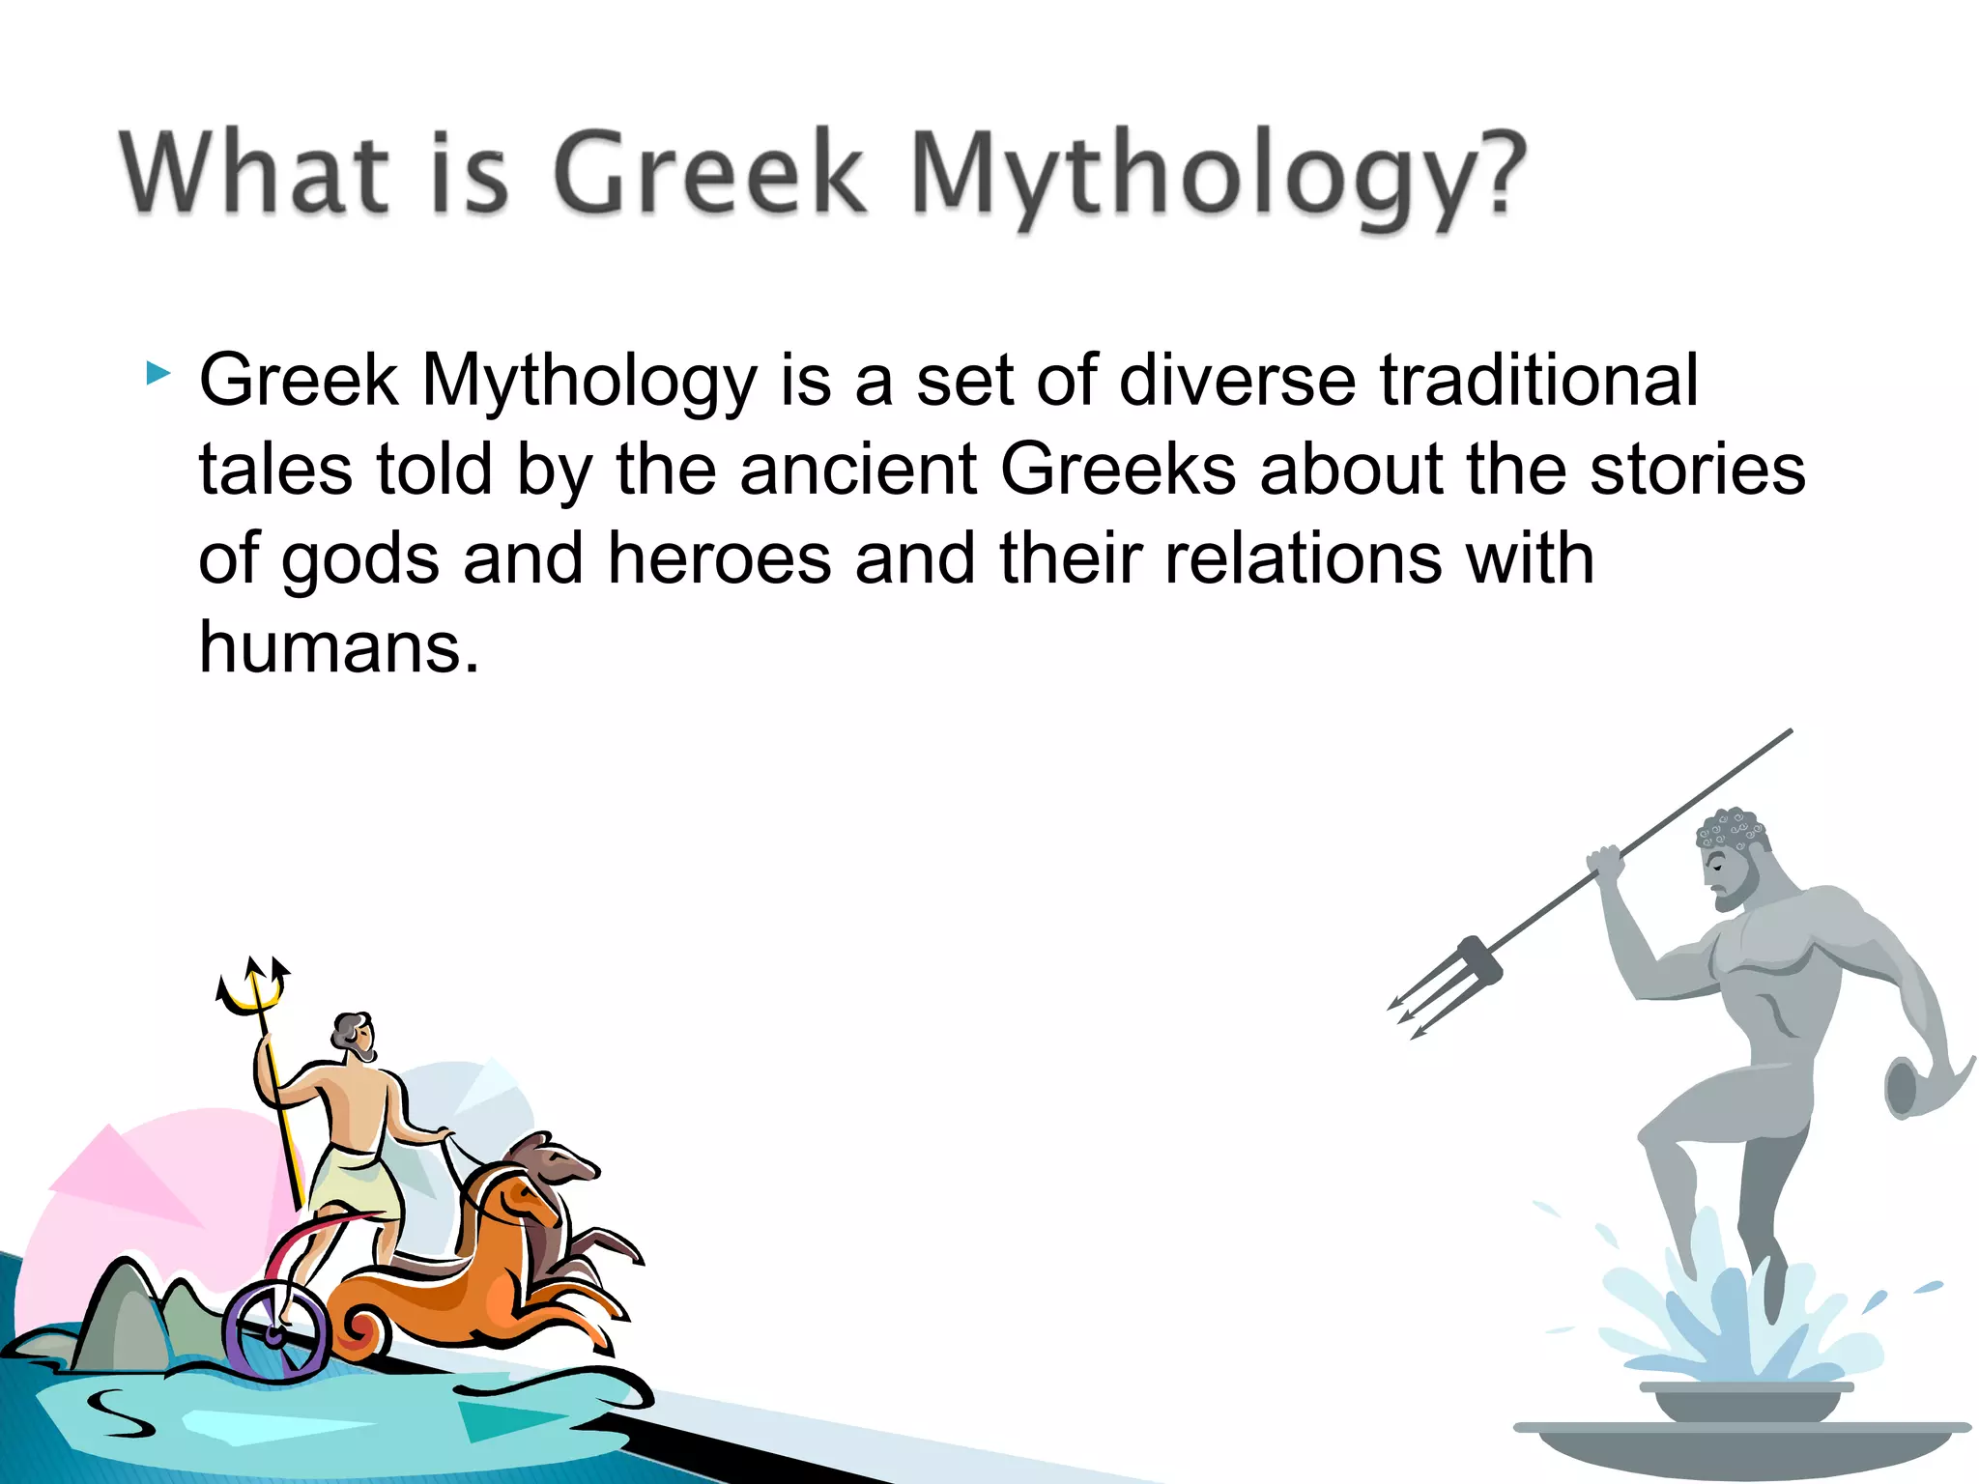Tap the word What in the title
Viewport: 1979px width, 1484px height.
pyautogui.click(x=254, y=172)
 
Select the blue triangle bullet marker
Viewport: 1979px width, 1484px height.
pyautogui.click(x=158, y=373)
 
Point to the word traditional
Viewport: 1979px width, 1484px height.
pyautogui.click(x=1537, y=380)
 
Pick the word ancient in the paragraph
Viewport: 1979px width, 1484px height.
pyautogui.click(x=858, y=470)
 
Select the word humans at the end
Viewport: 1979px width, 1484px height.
pyautogui.click(x=338, y=647)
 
